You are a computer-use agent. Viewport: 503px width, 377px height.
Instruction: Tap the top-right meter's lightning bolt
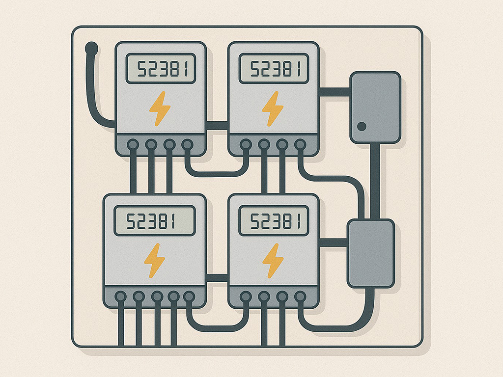coord(273,108)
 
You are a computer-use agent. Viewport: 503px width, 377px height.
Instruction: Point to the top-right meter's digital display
coord(273,69)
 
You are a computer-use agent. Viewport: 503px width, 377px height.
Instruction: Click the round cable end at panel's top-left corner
coord(91,48)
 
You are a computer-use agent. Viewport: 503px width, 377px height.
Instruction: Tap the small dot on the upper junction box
coord(362,127)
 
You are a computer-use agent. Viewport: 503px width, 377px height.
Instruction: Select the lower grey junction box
coord(371,253)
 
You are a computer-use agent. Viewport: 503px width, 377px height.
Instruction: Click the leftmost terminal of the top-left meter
coord(133,144)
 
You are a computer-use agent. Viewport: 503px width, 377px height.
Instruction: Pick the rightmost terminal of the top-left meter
coord(187,144)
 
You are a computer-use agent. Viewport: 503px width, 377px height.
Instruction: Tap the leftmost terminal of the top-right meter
coord(245,144)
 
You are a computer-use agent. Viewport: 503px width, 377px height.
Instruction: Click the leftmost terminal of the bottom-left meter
coord(120,296)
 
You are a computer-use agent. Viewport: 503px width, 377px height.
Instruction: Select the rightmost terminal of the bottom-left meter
coord(189,296)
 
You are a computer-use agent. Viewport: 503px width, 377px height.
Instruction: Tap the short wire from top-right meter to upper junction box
coord(334,92)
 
